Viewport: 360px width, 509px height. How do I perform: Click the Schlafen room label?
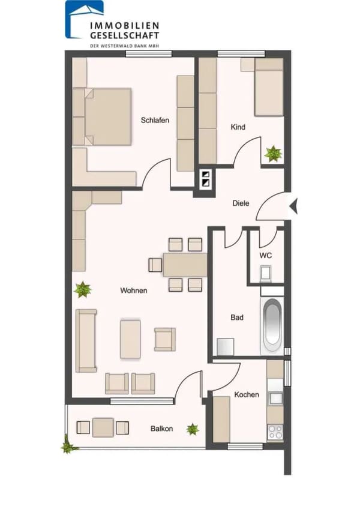(155, 121)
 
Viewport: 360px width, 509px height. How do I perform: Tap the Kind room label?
(238, 127)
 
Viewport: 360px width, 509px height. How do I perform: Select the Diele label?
(241, 203)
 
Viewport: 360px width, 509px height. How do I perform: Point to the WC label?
(266, 256)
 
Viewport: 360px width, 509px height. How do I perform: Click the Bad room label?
(237, 318)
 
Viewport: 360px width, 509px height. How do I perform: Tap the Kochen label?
(247, 394)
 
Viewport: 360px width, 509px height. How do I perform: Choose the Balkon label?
(161, 429)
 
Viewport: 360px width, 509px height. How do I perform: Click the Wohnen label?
(134, 290)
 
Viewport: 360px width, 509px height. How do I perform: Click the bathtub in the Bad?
(272, 325)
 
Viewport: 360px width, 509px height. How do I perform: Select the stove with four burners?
(275, 432)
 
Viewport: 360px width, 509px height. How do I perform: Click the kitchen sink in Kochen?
(275, 398)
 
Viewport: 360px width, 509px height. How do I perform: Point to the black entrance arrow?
(294, 206)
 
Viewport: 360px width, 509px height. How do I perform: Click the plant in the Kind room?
(273, 154)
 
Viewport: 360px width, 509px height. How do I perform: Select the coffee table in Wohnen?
(130, 339)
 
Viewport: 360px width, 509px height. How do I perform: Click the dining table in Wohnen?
(185, 265)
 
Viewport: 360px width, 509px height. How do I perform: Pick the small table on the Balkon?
(103, 427)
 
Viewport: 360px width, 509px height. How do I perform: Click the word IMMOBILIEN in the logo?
(125, 26)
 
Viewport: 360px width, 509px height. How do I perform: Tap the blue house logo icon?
(84, 19)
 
